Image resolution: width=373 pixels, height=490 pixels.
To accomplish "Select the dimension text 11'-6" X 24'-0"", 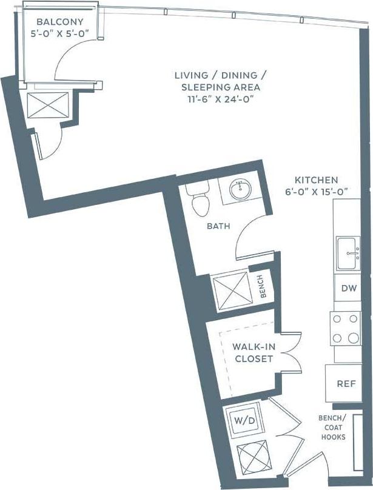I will coord(220,99).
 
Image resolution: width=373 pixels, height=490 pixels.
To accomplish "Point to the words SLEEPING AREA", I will coord(220,87).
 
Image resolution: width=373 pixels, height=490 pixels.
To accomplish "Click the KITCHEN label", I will coord(316,180).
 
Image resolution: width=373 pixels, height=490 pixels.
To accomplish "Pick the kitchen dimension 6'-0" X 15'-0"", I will coord(316,192).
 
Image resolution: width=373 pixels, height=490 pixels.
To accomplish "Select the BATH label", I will coord(218,226).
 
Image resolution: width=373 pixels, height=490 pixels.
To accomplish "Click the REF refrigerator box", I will coord(346,384).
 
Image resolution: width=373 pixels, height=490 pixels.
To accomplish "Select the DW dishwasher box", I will coord(348,289).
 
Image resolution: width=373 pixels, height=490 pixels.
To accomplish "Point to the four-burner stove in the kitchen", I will coord(345,328).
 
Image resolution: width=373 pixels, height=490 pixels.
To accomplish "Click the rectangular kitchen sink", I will coord(350,253).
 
